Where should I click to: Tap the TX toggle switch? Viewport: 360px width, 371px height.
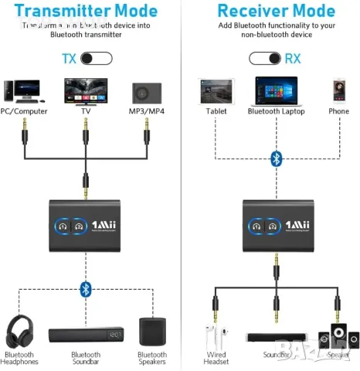96,59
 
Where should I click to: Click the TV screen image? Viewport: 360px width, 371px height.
86,91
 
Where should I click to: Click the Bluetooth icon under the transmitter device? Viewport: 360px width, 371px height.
86,289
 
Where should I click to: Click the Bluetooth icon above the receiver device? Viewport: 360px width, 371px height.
276,158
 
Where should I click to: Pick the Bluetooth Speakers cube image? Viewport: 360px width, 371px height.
151,332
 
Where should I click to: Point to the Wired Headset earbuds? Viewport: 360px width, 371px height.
216,339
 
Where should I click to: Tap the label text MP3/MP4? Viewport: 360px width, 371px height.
148,111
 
